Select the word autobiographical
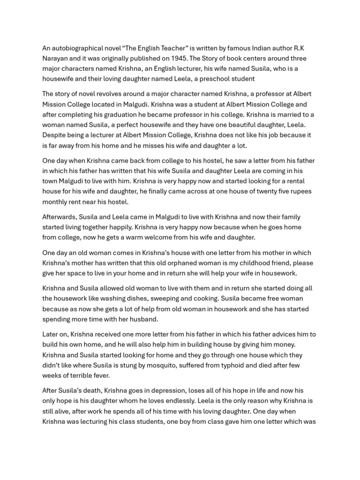[77, 48]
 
